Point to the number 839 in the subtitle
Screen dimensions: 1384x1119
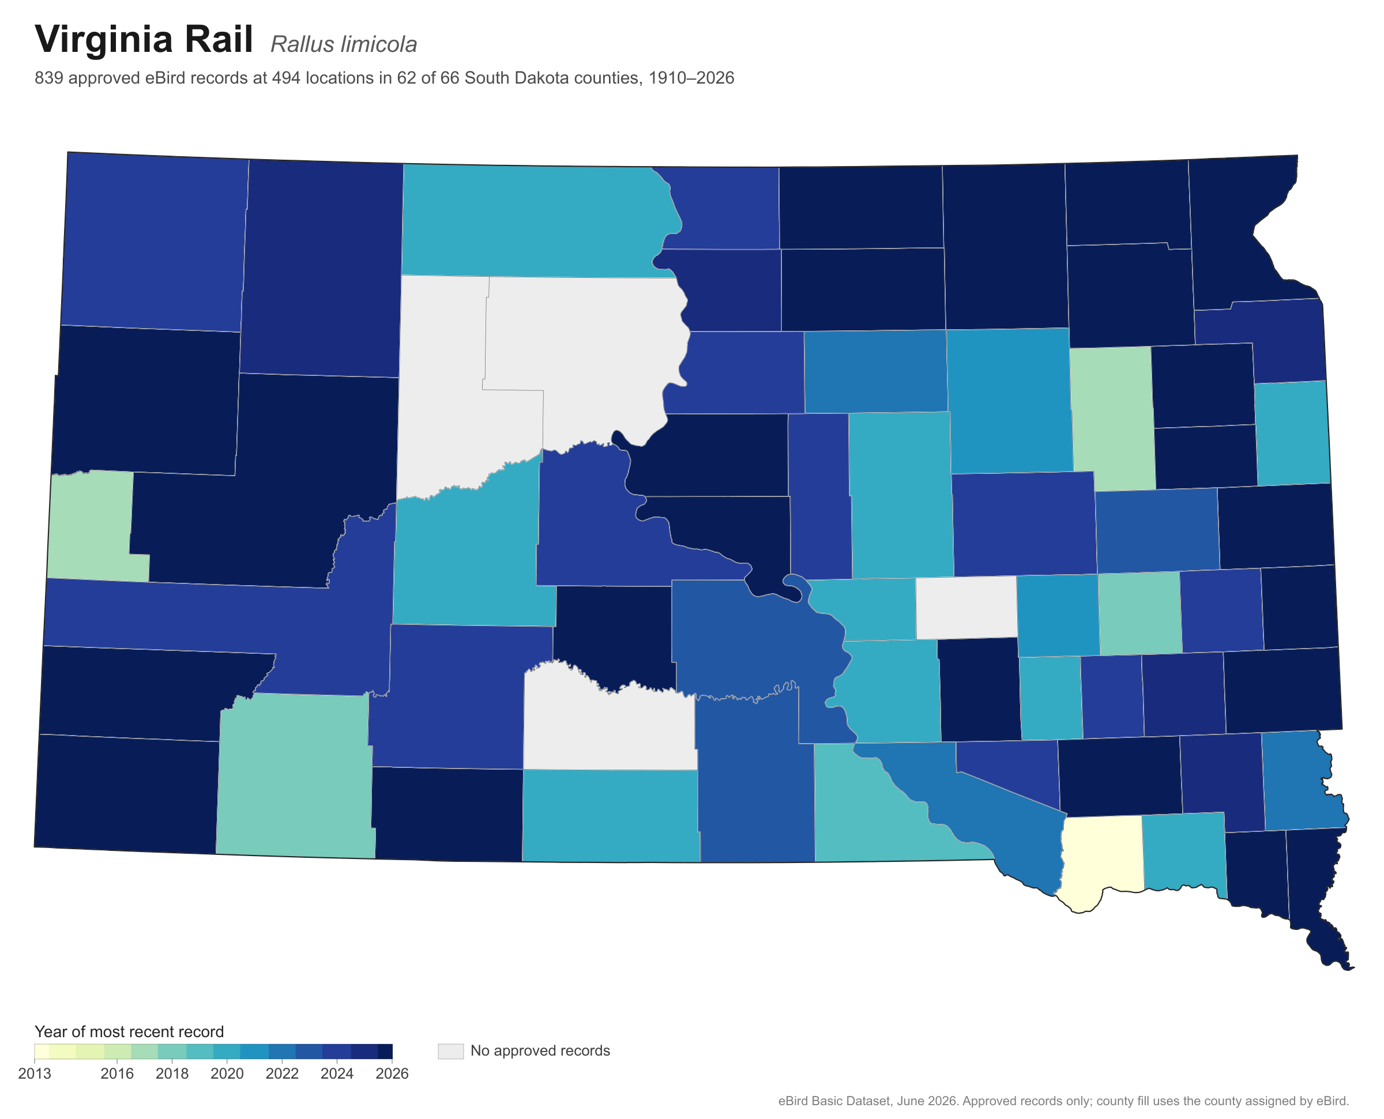[49, 78]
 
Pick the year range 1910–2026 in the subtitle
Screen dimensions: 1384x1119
[691, 78]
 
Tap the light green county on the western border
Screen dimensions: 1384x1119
[93, 525]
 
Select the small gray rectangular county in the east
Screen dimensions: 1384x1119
[966, 607]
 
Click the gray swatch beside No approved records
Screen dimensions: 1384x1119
[450, 1052]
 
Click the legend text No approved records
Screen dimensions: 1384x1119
[540, 1050]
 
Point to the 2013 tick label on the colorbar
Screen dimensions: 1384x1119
[35, 1073]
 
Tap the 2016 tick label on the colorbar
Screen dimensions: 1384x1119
[117, 1073]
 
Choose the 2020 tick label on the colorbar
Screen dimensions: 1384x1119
[228, 1073]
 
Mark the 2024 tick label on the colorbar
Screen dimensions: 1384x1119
[337, 1073]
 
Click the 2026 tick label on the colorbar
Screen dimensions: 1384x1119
[392, 1073]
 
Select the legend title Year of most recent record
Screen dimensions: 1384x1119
[129, 1031]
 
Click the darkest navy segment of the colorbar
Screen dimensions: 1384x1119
[385, 1052]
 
